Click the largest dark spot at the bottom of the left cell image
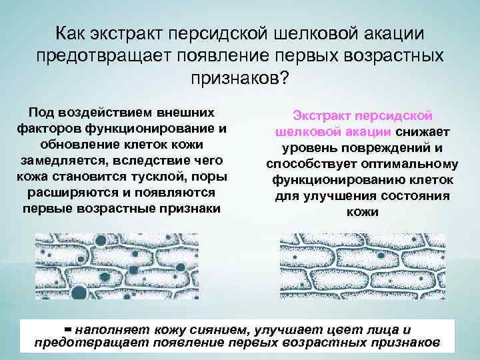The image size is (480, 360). pyautogui.click(x=79, y=291)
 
